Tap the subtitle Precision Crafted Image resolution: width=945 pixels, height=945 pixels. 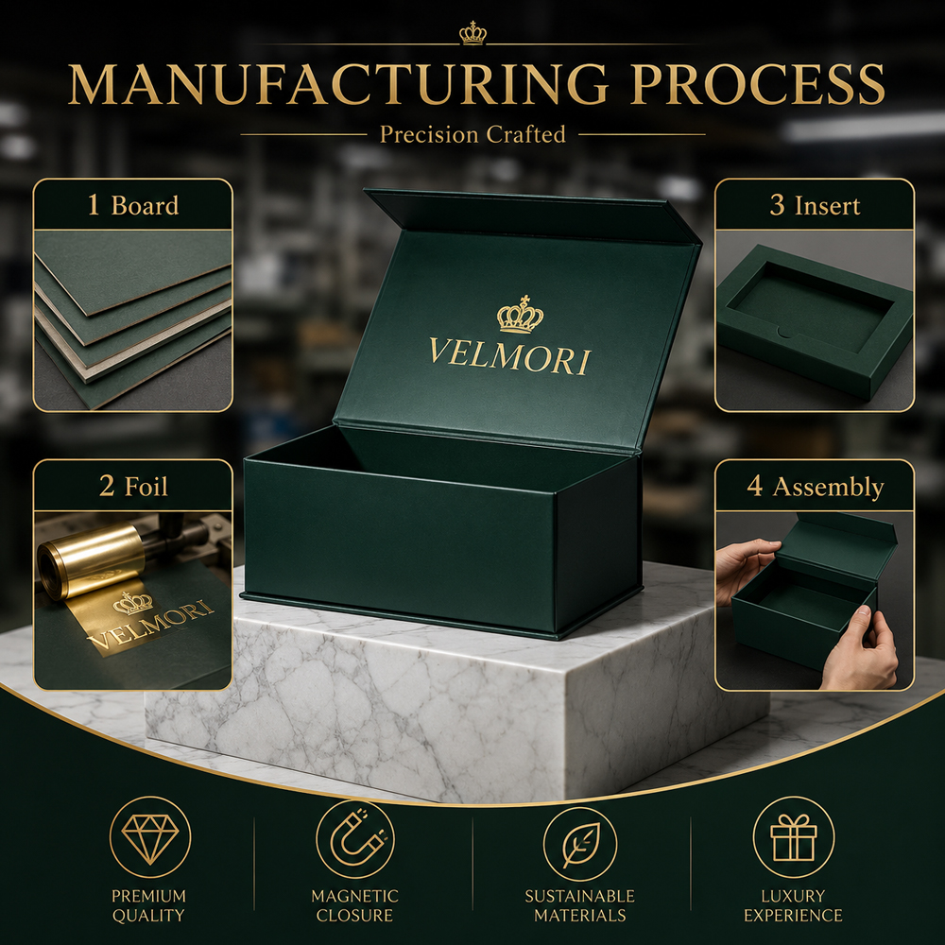tap(472, 134)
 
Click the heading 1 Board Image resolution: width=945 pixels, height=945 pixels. tap(133, 205)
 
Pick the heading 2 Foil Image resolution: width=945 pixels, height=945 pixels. tap(133, 486)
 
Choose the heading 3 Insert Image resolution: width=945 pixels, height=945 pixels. tap(815, 205)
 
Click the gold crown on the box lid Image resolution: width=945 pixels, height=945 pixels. tap(520, 315)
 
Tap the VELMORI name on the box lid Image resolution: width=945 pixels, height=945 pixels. tap(510, 357)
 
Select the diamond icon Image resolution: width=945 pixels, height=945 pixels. tap(150, 837)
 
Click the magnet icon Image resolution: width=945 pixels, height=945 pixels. tap(355, 838)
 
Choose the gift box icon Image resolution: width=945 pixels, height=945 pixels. tap(794, 837)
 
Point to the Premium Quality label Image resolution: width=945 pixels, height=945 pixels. tap(149, 905)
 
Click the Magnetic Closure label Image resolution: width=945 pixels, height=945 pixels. tap(355, 905)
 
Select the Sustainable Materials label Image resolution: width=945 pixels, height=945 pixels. tap(580, 905)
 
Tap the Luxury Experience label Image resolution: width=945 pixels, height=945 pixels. tap(793, 905)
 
